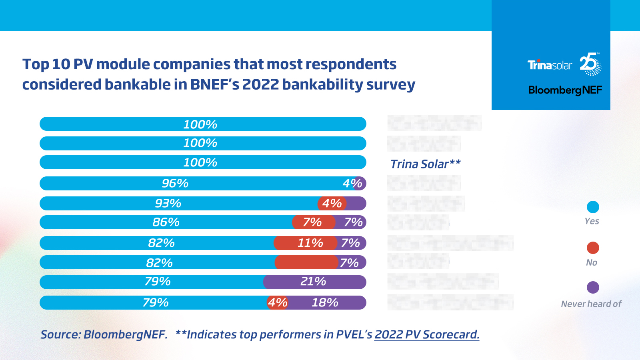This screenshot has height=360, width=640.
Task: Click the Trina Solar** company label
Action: coord(425,164)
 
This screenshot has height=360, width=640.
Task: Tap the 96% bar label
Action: coord(175,183)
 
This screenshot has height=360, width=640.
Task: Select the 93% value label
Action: coord(168,203)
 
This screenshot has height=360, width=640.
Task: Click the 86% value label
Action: coord(166,222)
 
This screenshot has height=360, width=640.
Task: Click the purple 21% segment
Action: coord(313,282)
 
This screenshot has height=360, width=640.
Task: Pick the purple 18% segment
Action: coord(325,302)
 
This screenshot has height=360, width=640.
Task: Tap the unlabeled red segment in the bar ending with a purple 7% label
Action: coord(306,262)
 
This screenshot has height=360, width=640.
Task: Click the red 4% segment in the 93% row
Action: coord(332,203)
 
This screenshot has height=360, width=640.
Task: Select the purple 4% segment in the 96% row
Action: coord(359,183)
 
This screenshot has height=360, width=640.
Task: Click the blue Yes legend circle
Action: coord(592,207)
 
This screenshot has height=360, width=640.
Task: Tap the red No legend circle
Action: coord(592,248)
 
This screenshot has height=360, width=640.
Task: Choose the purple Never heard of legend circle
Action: coord(592,287)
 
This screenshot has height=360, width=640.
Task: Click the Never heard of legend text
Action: coord(591,304)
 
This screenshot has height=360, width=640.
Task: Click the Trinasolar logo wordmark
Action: coord(550,65)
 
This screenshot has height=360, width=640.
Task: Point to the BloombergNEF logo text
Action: coord(565,90)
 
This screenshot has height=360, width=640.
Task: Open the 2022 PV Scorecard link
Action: coord(427,334)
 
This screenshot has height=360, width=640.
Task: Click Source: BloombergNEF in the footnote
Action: coord(104,334)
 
